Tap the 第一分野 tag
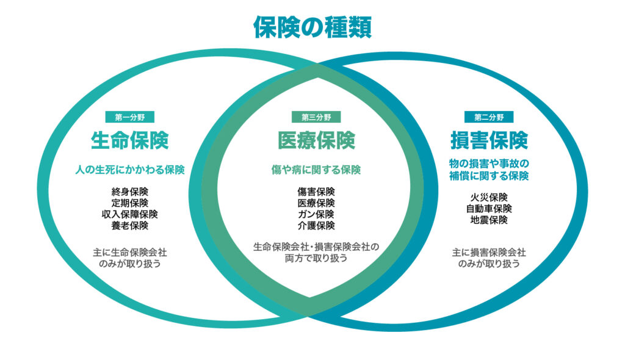[129, 117]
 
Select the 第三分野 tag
[316, 117]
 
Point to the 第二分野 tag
[489, 117]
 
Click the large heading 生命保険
[129, 141]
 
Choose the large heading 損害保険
[489, 141]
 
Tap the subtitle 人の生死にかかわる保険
[129, 170]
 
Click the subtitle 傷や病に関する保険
[316, 170]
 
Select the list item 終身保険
[129, 192]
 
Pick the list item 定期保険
[129, 203]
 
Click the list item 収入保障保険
[129, 214]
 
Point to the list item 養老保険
[129, 226]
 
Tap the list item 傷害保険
[316, 192]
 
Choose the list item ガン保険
[316, 214]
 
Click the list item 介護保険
[316, 226]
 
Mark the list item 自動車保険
[489, 209]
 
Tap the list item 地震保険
[489, 220]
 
